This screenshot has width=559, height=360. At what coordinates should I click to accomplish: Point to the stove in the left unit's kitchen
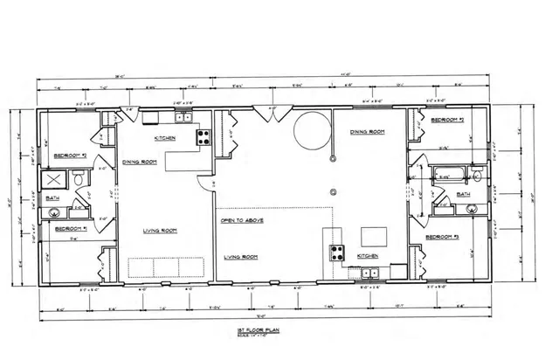click(204, 135)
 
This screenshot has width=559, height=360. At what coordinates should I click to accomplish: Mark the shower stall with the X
click(55, 180)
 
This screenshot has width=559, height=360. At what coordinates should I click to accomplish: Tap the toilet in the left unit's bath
click(79, 179)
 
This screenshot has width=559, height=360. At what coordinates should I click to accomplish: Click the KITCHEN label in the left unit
click(165, 139)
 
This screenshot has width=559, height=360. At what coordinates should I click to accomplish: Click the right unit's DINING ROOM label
click(367, 132)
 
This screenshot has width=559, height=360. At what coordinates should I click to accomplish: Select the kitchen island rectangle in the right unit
click(375, 236)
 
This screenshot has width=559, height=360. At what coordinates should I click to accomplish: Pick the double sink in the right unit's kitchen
click(370, 273)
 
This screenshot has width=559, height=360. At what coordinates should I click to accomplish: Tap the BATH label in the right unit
click(463, 194)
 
